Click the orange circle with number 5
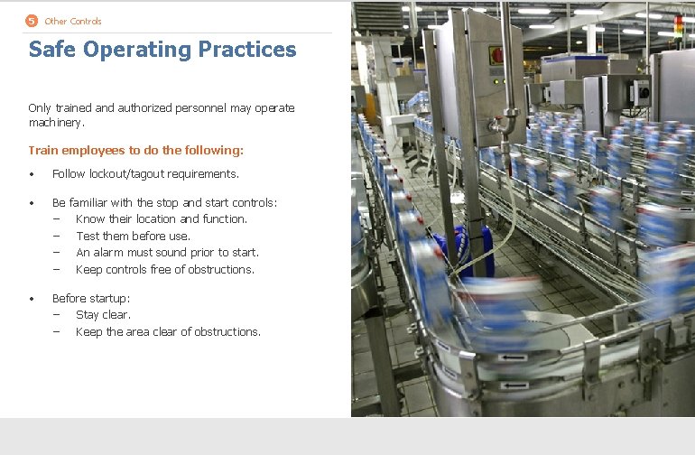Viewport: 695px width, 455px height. click(32, 21)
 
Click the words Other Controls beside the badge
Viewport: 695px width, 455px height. click(73, 21)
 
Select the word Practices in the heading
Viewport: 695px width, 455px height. click(247, 50)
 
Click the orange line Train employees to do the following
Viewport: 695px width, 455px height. click(136, 151)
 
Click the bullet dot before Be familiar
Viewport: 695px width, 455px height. click(32, 203)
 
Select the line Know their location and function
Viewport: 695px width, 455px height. click(161, 219)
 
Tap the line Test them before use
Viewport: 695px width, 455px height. click(133, 237)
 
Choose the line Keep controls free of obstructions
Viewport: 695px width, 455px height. click(165, 270)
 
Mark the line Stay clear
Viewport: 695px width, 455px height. click(103, 315)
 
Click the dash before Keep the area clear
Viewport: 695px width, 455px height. click(56, 332)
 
